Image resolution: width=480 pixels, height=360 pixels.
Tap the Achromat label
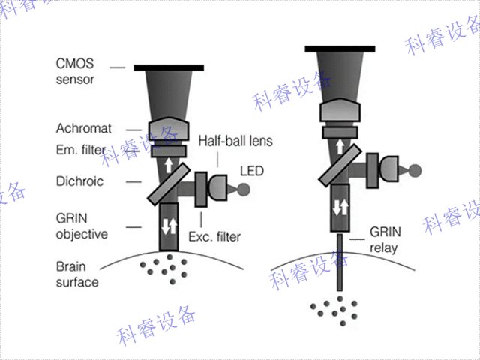tap(83, 128)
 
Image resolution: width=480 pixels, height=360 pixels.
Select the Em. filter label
tap(81, 150)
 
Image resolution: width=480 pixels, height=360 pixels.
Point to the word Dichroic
tap(79, 181)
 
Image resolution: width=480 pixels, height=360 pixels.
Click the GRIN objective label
tap(81, 226)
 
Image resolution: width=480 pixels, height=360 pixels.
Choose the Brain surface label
tap(76, 274)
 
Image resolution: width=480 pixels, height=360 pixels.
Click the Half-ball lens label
tap(235, 141)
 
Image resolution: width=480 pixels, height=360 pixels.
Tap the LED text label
tap(251, 172)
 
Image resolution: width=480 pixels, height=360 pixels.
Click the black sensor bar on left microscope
tap(170, 68)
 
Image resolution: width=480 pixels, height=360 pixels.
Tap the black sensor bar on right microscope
tap(340, 49)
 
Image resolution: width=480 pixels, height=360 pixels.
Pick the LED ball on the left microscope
tap(241, 189)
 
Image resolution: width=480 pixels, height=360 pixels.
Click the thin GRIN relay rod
tap(340, 262)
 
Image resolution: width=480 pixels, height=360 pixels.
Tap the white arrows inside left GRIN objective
tap(169, 224)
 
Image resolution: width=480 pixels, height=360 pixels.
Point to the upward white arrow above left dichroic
tap(169, 166)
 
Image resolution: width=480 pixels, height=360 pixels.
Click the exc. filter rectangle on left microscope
tap(201, 189)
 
